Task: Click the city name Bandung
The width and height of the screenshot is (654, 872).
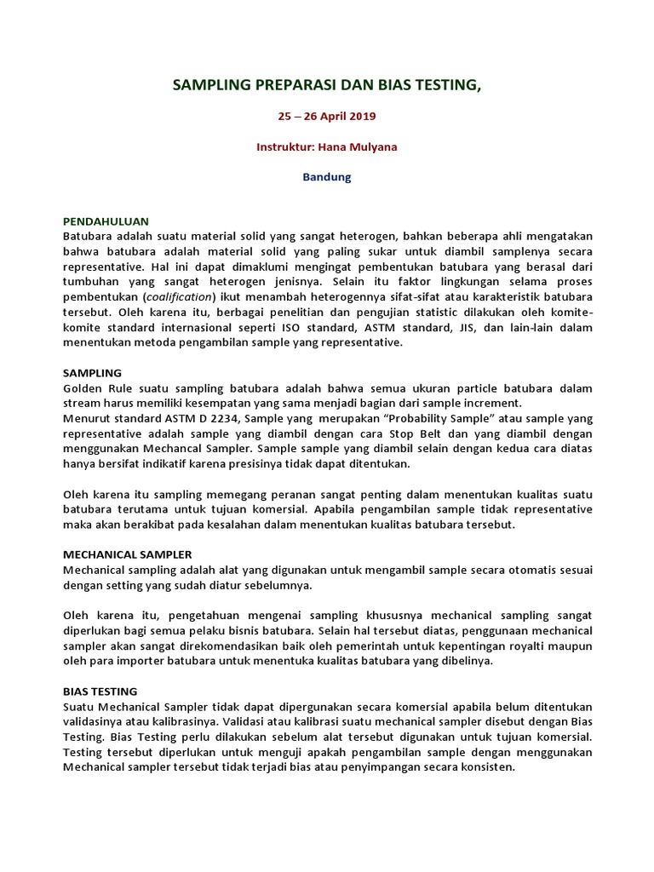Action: click(327, 177)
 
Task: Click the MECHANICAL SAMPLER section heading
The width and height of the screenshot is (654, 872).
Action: click(128, 554)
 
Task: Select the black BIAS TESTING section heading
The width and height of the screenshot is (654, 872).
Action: click(100, 691)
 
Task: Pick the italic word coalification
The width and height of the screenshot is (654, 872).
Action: click(179, 296)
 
